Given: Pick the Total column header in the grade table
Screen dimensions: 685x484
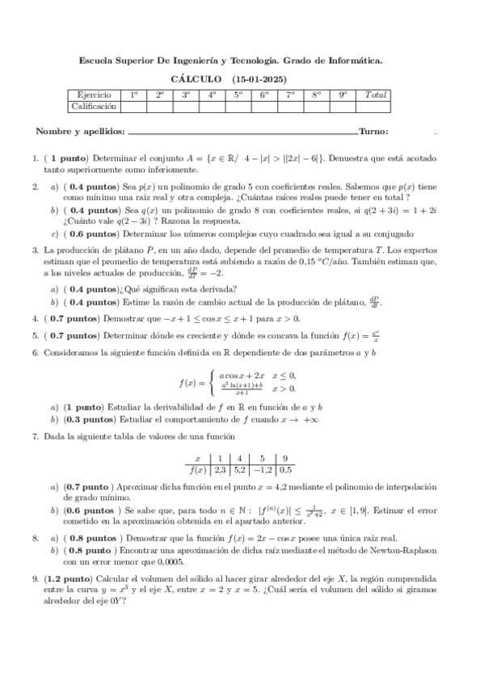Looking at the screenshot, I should click(376, 95).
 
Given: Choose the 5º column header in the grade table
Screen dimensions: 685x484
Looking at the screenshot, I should click(238, 95).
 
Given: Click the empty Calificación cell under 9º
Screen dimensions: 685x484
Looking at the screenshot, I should click(343, 106).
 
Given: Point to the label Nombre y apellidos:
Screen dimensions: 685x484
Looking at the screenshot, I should click(81, 132).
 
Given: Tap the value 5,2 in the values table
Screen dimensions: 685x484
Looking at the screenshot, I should click(240, 469).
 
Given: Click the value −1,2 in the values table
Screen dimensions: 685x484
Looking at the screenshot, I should click(263, 469).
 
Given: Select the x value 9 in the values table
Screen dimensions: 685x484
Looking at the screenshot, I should click(287, 458).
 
